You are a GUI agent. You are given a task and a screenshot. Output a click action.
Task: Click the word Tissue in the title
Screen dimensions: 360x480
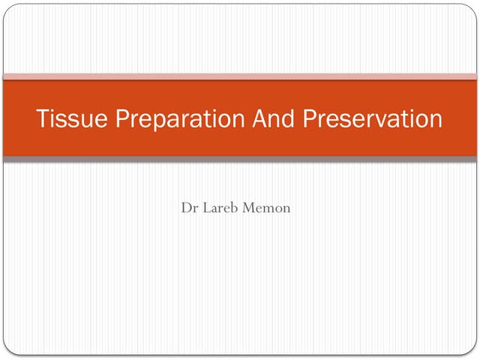coord(62,120)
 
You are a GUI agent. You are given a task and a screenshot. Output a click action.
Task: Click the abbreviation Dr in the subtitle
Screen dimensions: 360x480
coord(188,207)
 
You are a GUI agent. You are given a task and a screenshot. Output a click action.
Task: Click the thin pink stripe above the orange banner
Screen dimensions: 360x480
coord(240,76)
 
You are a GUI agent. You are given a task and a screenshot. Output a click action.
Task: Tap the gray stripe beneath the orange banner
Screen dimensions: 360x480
coord(240,160)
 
